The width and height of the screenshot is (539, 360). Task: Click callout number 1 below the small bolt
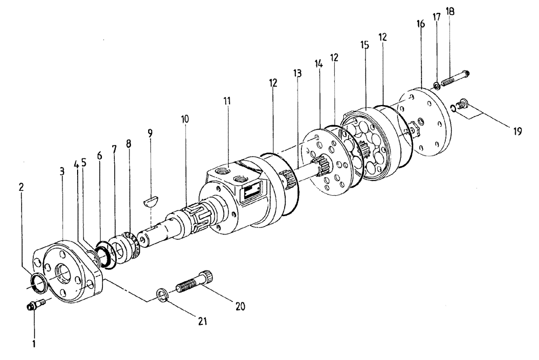(x=34, y=342)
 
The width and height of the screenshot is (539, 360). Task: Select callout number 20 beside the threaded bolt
(x=240, y=307)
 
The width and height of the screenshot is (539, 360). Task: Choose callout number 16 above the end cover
(x=420, y=24)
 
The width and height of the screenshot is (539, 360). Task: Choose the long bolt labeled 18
(x=456, y=79)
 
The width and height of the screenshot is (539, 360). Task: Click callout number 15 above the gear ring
(x=365, y=45)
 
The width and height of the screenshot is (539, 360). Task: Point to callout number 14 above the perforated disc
(x=319, y=63)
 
